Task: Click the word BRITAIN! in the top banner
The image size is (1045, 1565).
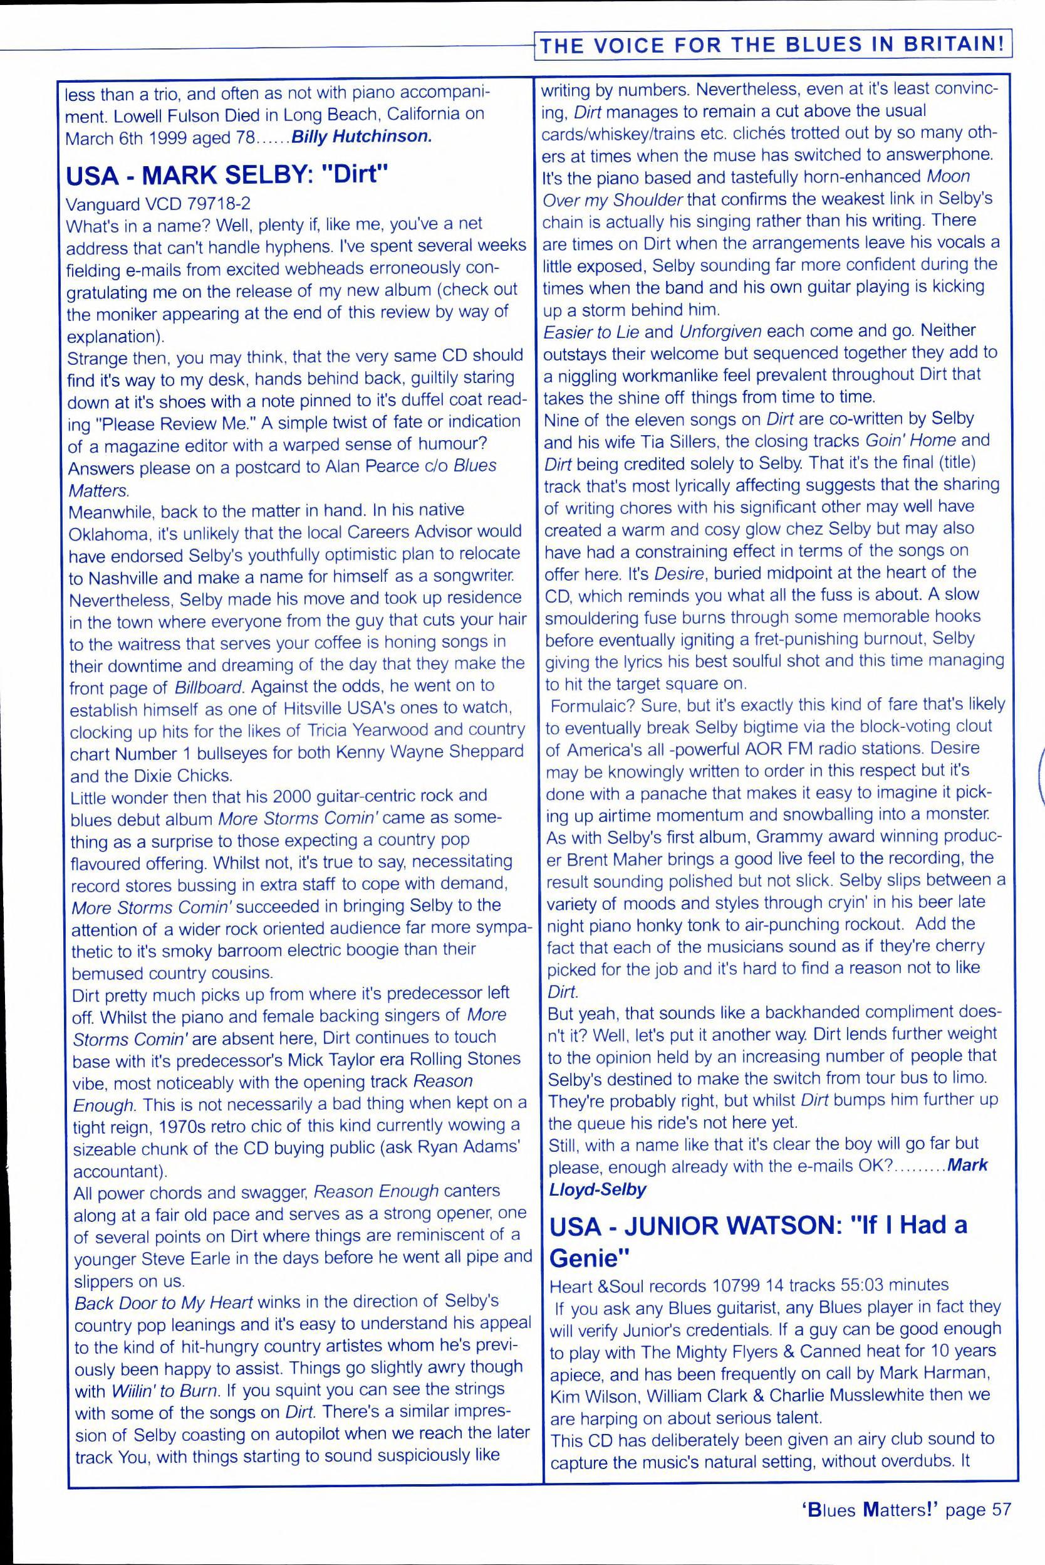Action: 954,45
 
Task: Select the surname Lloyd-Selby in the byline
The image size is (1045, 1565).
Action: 597,1188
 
